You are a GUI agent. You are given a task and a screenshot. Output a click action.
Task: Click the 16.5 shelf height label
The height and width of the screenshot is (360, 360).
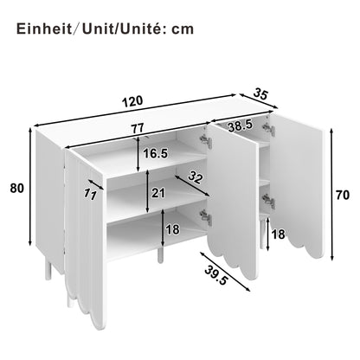pos(155,155)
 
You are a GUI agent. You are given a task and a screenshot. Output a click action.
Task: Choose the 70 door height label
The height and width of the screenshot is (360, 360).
pos(343,196)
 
